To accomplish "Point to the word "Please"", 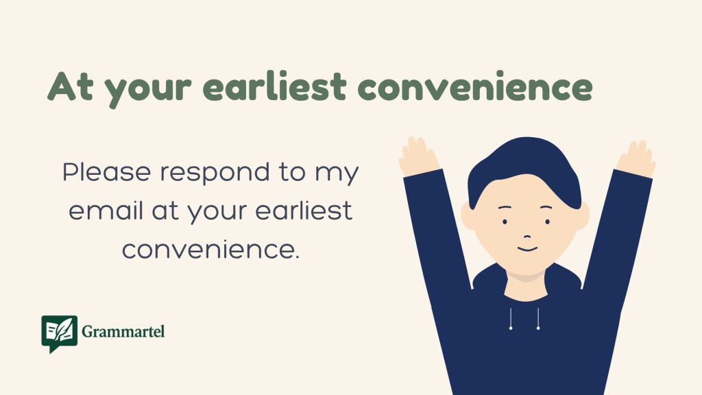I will [x=104, y=172].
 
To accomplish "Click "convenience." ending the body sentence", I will [x=210, y=248].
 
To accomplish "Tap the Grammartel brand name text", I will [x=123, y=333].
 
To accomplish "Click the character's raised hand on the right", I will [x=636, y=156].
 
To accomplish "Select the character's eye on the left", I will [x=505, y=222].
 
